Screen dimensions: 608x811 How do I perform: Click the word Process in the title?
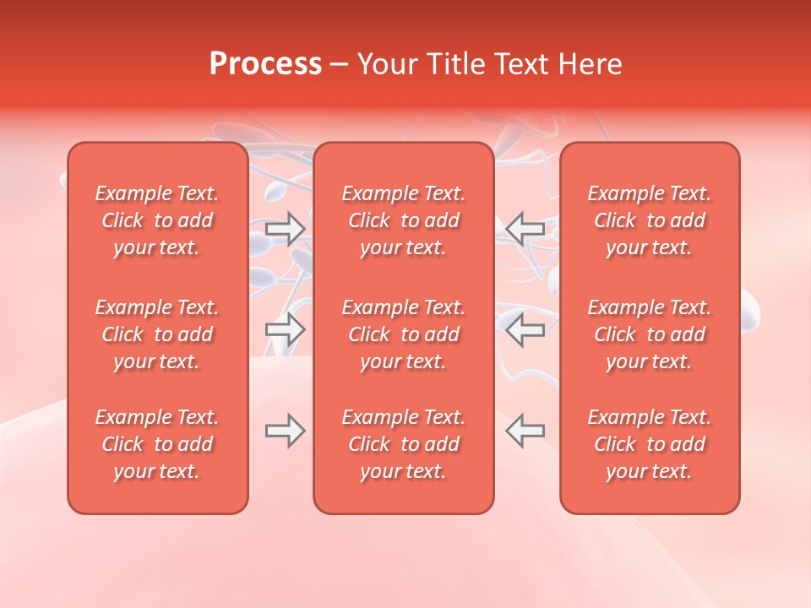(x=265, y=64)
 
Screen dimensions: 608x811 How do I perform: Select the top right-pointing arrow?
(x=286, y=229)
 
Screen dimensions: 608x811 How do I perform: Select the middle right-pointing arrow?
(x=286, y=329)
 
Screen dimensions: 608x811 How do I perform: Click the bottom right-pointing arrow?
(x=286, y=431)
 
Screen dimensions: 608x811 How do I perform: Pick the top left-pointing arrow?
(x=525, y=229)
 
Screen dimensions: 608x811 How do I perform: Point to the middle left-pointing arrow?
(x=525, y=329)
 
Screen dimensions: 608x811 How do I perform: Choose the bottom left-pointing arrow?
(x=525, y=431)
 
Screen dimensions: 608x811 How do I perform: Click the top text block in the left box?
(x=157, y=220)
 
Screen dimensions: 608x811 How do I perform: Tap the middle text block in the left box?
(x=157, y=334)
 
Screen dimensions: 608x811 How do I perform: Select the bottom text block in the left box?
(x=157, y=444)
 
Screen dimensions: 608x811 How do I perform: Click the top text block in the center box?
(x=404, y=220)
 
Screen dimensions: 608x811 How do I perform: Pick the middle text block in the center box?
(x=404, y=334)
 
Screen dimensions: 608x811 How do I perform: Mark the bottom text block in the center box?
(x=404, y=444)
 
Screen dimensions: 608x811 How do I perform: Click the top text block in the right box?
(x=650, y=220)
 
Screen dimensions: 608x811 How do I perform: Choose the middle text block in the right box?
(x=650, y=334)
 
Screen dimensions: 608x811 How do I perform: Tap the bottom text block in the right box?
(x=650, y=444)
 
